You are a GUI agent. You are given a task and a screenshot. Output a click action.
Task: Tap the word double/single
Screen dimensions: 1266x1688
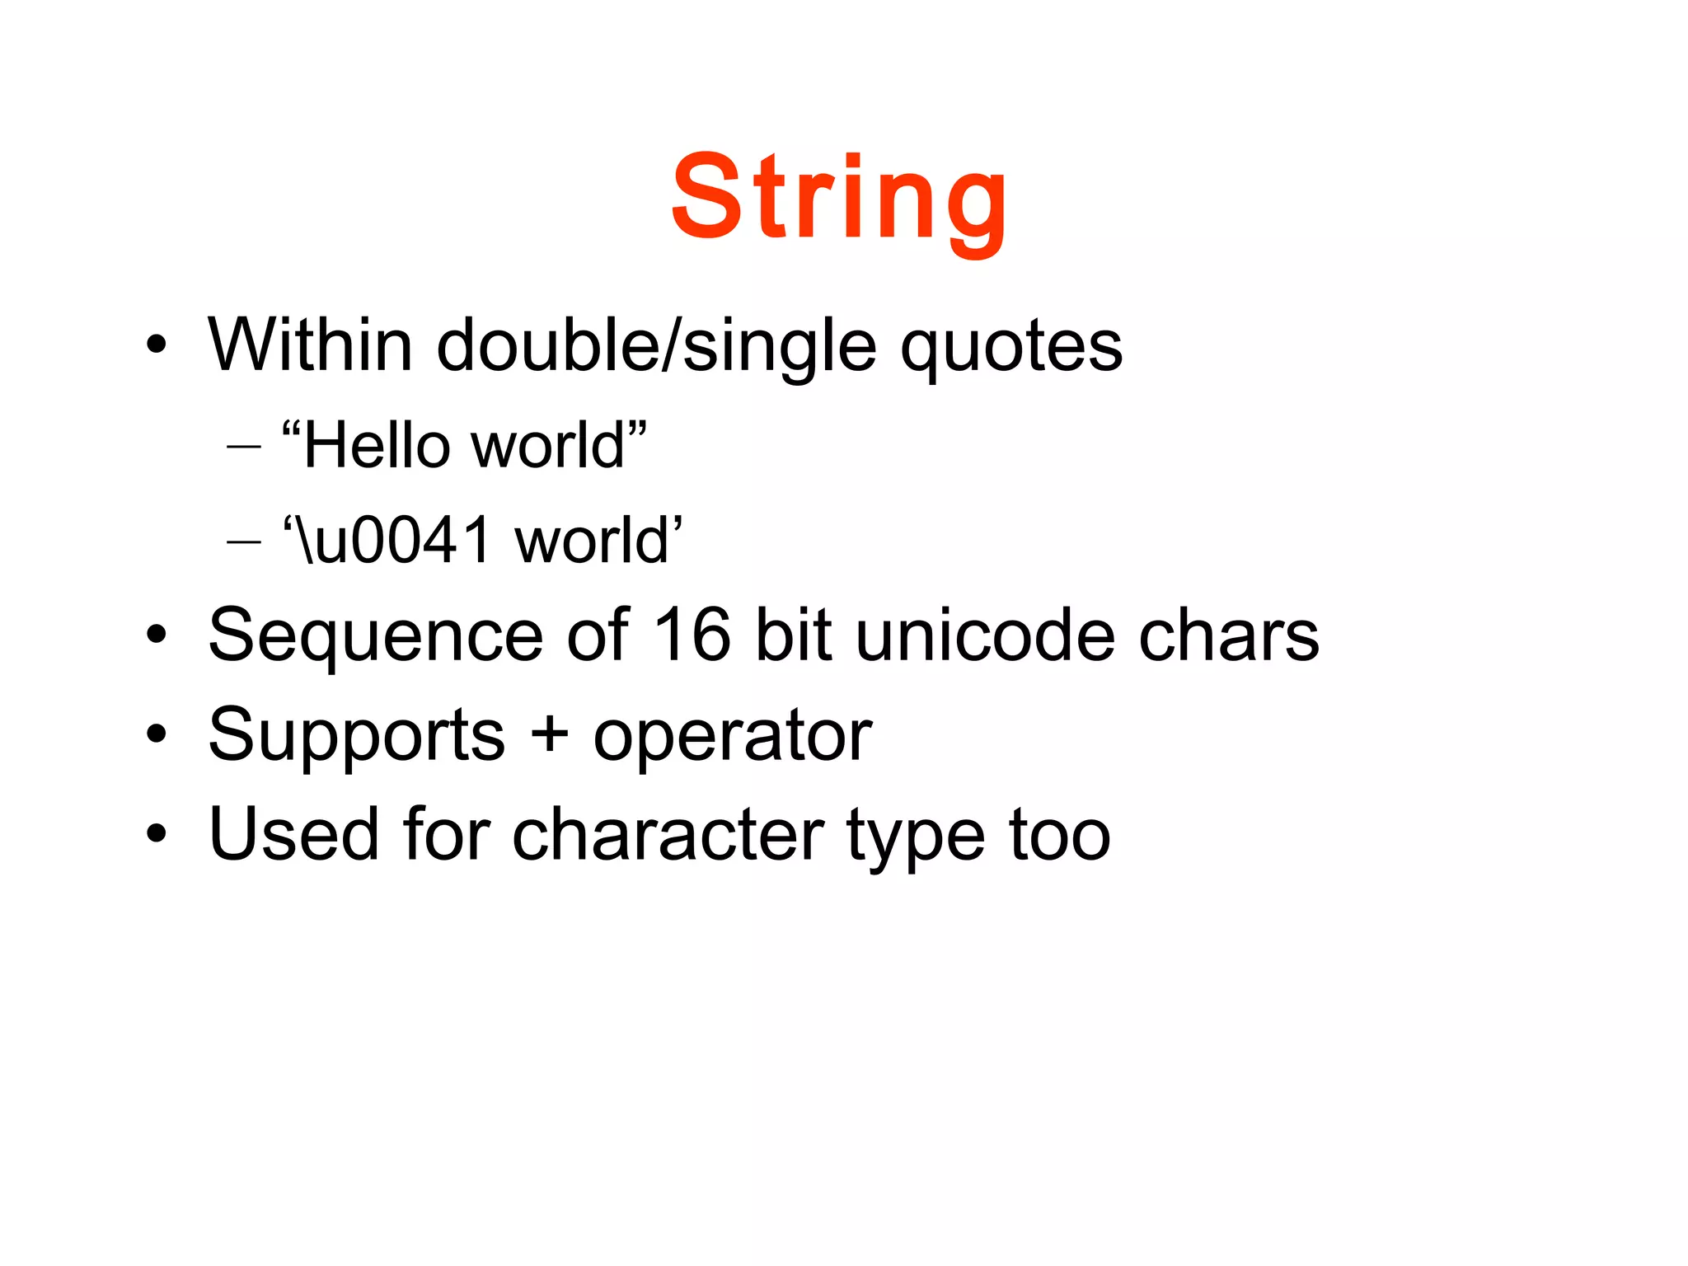pos(656,346)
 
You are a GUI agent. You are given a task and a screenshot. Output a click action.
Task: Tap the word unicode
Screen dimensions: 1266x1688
pos(986,635)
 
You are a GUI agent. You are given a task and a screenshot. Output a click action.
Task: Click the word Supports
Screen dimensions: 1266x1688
pos(356,735)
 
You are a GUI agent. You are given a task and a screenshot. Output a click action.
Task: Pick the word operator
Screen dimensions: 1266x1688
pos(732,737)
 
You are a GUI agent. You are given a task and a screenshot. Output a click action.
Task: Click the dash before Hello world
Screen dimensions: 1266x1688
pos(244,448)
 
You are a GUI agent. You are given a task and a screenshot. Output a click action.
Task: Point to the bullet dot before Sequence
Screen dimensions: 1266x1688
pos(157,635)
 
